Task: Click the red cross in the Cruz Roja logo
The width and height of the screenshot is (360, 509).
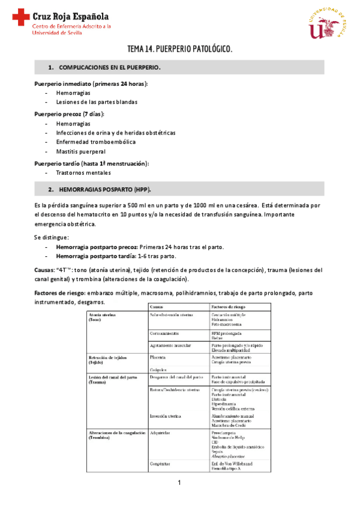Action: coord(22,17)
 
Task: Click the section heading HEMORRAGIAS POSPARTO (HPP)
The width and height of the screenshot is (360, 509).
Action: coord(103,189)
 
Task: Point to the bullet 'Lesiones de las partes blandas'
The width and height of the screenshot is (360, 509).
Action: coord(96,102)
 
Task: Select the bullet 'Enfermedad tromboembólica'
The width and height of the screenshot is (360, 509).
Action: coord(95,142)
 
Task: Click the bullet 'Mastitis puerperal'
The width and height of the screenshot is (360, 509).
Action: coord(82,152)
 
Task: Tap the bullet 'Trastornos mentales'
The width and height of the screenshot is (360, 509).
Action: coord(83,173)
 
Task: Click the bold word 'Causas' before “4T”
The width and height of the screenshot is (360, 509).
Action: coord(44,270)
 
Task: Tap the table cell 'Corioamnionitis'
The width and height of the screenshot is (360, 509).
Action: coord(164,332)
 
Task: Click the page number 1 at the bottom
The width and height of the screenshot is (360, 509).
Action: coord(179,483)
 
